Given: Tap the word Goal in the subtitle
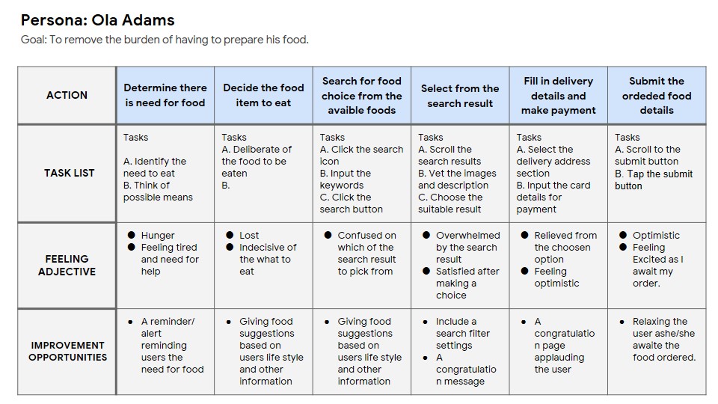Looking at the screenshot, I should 34,40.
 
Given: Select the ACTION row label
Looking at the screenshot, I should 67,95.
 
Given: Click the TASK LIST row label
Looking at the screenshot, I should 68,173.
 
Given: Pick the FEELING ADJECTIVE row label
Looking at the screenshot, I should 67,265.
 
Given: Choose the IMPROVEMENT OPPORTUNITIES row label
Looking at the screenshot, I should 67,351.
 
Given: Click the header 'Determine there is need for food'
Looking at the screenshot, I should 165,95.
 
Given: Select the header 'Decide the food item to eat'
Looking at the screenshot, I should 263,95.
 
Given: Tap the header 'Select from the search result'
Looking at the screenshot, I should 459,96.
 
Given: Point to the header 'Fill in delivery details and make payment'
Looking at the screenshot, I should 558,95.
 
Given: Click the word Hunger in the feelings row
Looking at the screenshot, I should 158,235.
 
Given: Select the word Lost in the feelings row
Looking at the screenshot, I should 249,235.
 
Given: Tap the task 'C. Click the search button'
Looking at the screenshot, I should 351,203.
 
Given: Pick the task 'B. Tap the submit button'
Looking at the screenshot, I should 654,180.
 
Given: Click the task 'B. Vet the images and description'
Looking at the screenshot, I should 457,180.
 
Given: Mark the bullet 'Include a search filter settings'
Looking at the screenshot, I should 463,334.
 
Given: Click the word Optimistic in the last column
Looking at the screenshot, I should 656,235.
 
